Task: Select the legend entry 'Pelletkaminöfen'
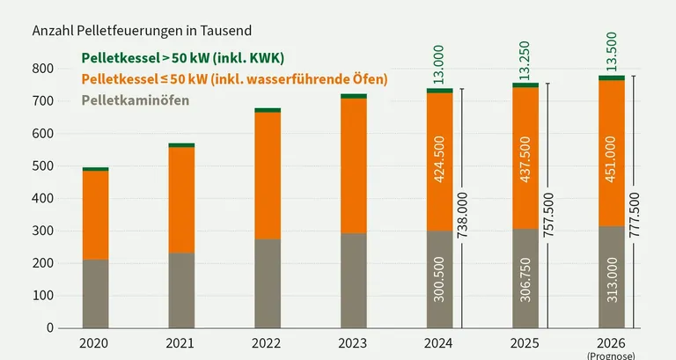(136, 100)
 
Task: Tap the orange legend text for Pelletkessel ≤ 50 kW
(234, 79)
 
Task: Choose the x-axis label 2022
(268, 344)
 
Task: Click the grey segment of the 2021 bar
(181, 290)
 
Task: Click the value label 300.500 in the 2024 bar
(440, 280)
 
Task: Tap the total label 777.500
(636, 204)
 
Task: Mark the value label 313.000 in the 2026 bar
(612, 280)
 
